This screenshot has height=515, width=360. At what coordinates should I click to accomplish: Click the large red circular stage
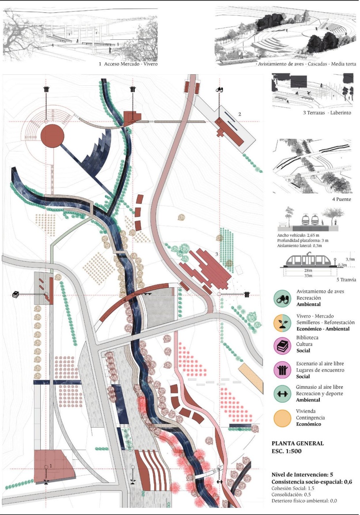tap(52, 136)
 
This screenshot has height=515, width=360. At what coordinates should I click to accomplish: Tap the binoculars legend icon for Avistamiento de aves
tap(282, 299)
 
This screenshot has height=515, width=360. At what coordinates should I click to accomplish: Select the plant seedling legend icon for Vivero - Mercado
tap(282, 323)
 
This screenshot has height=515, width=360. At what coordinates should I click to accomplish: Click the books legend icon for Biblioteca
tap(282, 345)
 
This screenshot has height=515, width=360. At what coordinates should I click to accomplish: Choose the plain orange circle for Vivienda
tap(282, 418)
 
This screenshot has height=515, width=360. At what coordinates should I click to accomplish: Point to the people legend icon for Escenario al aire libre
tap(282, 370)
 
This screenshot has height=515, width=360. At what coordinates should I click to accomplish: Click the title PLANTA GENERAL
tap(298, 443)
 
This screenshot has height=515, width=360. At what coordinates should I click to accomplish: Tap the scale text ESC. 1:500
tap(286, 451)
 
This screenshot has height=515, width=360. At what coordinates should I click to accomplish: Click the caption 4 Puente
tap(341, 199)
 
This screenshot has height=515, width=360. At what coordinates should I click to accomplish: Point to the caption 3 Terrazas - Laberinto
tap(327, 113)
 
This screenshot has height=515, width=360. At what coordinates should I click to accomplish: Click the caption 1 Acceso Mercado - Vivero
tap(128, 64)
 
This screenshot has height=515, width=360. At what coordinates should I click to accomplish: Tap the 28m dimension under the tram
tap(308, 270)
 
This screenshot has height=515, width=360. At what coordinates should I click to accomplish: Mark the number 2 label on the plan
tap(240, 114)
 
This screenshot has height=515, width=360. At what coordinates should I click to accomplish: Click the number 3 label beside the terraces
tap(216, 254)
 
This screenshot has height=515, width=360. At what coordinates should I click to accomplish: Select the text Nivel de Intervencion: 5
tap(302, 475)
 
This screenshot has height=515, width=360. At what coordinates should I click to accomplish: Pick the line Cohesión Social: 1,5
tap(293, 488)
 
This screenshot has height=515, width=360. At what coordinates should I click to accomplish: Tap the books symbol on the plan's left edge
tap(15, 295)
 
